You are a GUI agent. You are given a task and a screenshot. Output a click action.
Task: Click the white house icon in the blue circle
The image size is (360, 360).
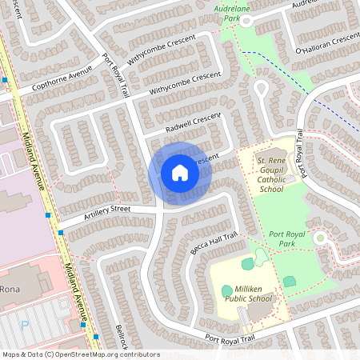(180, 172)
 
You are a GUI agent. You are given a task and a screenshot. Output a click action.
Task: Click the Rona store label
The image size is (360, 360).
(10, 289)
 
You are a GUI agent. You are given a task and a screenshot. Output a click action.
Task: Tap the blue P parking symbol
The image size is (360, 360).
(25, 326)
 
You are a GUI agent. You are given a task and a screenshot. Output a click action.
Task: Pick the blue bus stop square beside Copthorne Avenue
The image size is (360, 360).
(6, 80)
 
